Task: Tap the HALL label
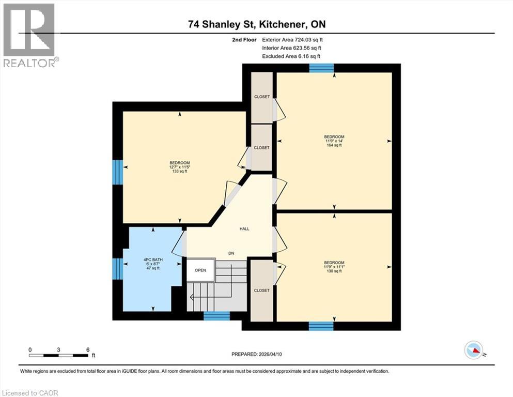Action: tap(244, 228)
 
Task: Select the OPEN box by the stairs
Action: tap(200, 270)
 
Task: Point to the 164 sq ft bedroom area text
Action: tap(334, 146)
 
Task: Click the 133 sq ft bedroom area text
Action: tap(179, 172)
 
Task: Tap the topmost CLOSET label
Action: tap(261, 97)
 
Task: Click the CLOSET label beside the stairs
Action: tap(261, 291)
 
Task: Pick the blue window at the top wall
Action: tap(321, 68)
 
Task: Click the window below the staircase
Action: tap(216, 316)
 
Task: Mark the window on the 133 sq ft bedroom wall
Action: tap(118, 172)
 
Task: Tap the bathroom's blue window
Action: tap(118, 269)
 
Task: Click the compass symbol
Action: tap(474, 350)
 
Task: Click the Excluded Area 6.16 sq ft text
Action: tap(291, 56)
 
